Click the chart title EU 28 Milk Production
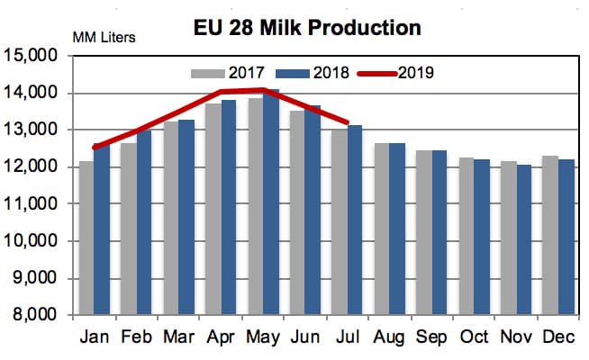point(308,27)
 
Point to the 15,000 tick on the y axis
point(32,56)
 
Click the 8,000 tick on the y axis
point(35,317)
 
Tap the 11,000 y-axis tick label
point(32,205)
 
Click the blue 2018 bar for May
point(270,202)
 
